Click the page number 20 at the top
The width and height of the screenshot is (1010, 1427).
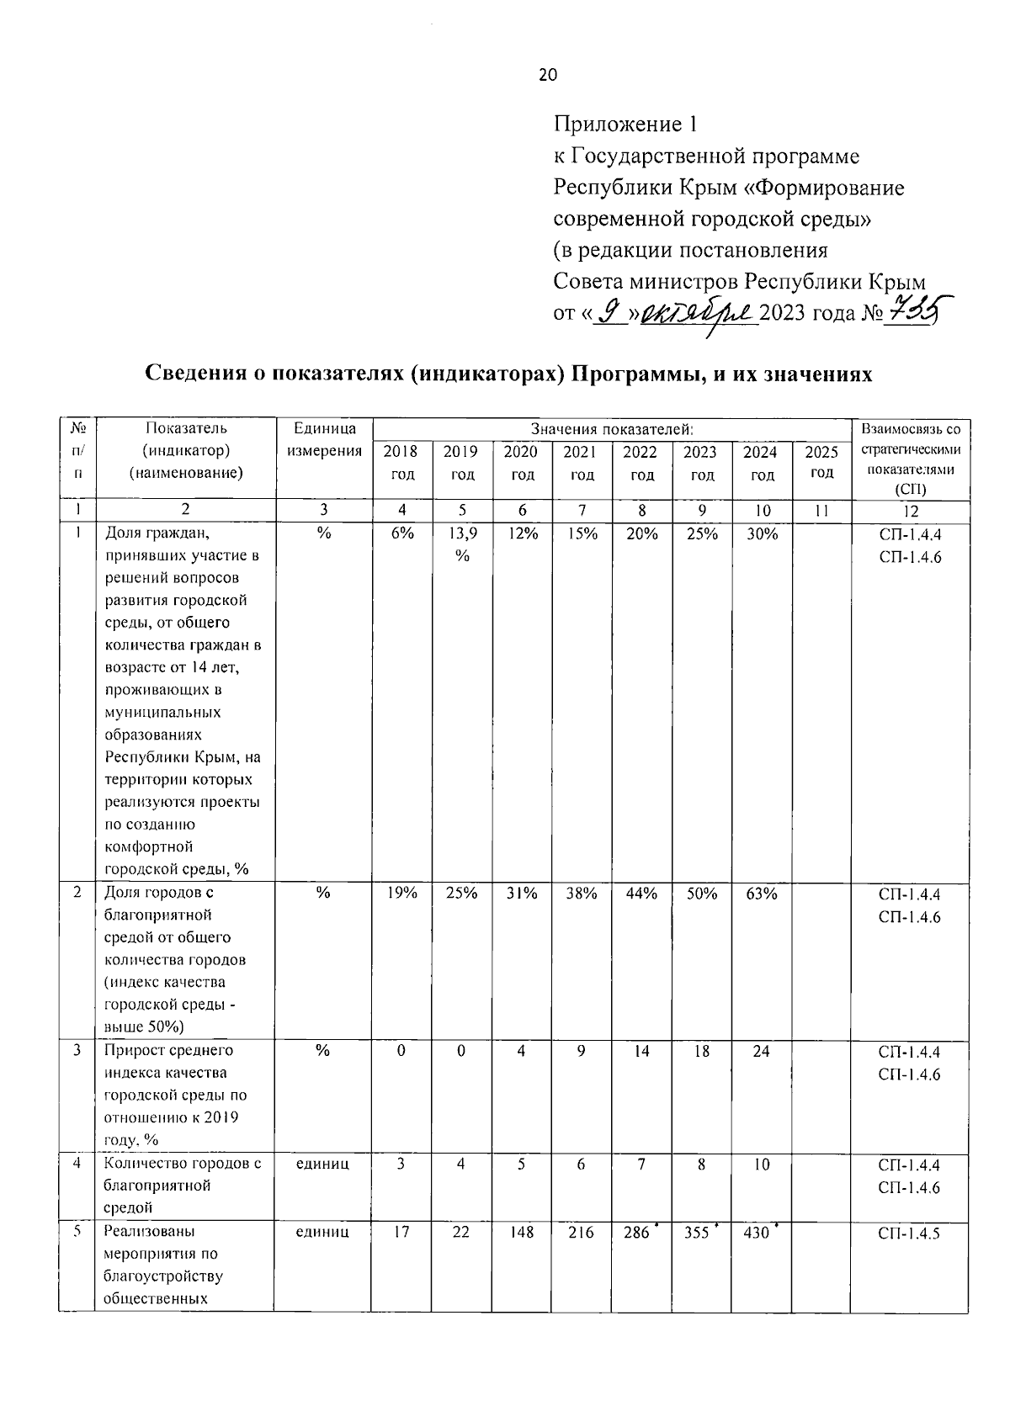coord(547,75)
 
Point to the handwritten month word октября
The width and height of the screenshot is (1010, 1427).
coord(699,314)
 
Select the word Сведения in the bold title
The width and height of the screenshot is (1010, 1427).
coord(199,374)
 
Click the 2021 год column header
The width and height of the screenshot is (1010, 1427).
coord(581,463)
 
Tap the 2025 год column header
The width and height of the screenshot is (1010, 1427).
coord(821,462)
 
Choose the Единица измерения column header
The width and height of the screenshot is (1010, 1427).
coord(324,440)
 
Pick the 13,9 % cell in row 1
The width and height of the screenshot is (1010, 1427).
coord(462,544)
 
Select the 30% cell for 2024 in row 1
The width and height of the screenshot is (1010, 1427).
coord(761,533)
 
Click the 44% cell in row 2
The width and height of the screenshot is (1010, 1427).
coord(641,894)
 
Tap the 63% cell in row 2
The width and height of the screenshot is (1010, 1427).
coord(761,894)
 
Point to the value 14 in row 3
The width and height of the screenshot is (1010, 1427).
coord(641,1051)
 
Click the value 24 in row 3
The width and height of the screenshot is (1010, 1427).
coord(761,1051)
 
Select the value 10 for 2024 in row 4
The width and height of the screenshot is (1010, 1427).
coord(761,1164)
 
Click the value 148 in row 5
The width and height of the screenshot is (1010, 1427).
coord(522,1233)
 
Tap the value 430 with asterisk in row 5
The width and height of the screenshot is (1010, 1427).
coord(759,1233)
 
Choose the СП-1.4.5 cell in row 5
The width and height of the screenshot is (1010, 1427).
coord(909,1233)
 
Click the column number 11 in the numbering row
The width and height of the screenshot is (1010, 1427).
coord(821,510)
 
